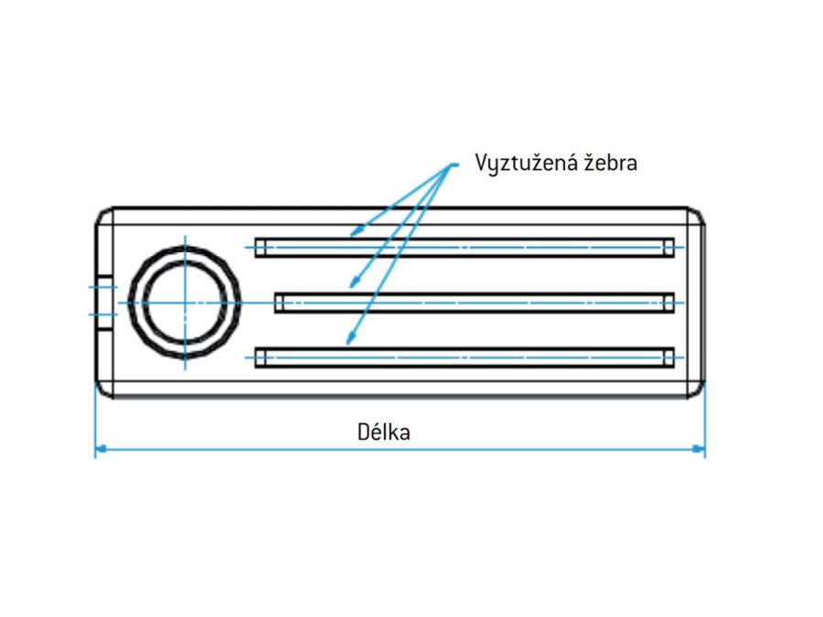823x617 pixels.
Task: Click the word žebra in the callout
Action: [610, 164]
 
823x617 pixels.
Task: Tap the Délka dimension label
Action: [383, 431]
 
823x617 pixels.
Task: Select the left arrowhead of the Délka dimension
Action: [102, 449]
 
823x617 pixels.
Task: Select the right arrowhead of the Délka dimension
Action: [700, 449]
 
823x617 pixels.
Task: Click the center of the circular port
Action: [185, 303]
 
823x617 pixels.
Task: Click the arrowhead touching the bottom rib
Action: [349, 342]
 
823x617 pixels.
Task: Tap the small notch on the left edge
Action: [105, 301]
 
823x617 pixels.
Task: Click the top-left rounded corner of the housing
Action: [103, 215]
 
